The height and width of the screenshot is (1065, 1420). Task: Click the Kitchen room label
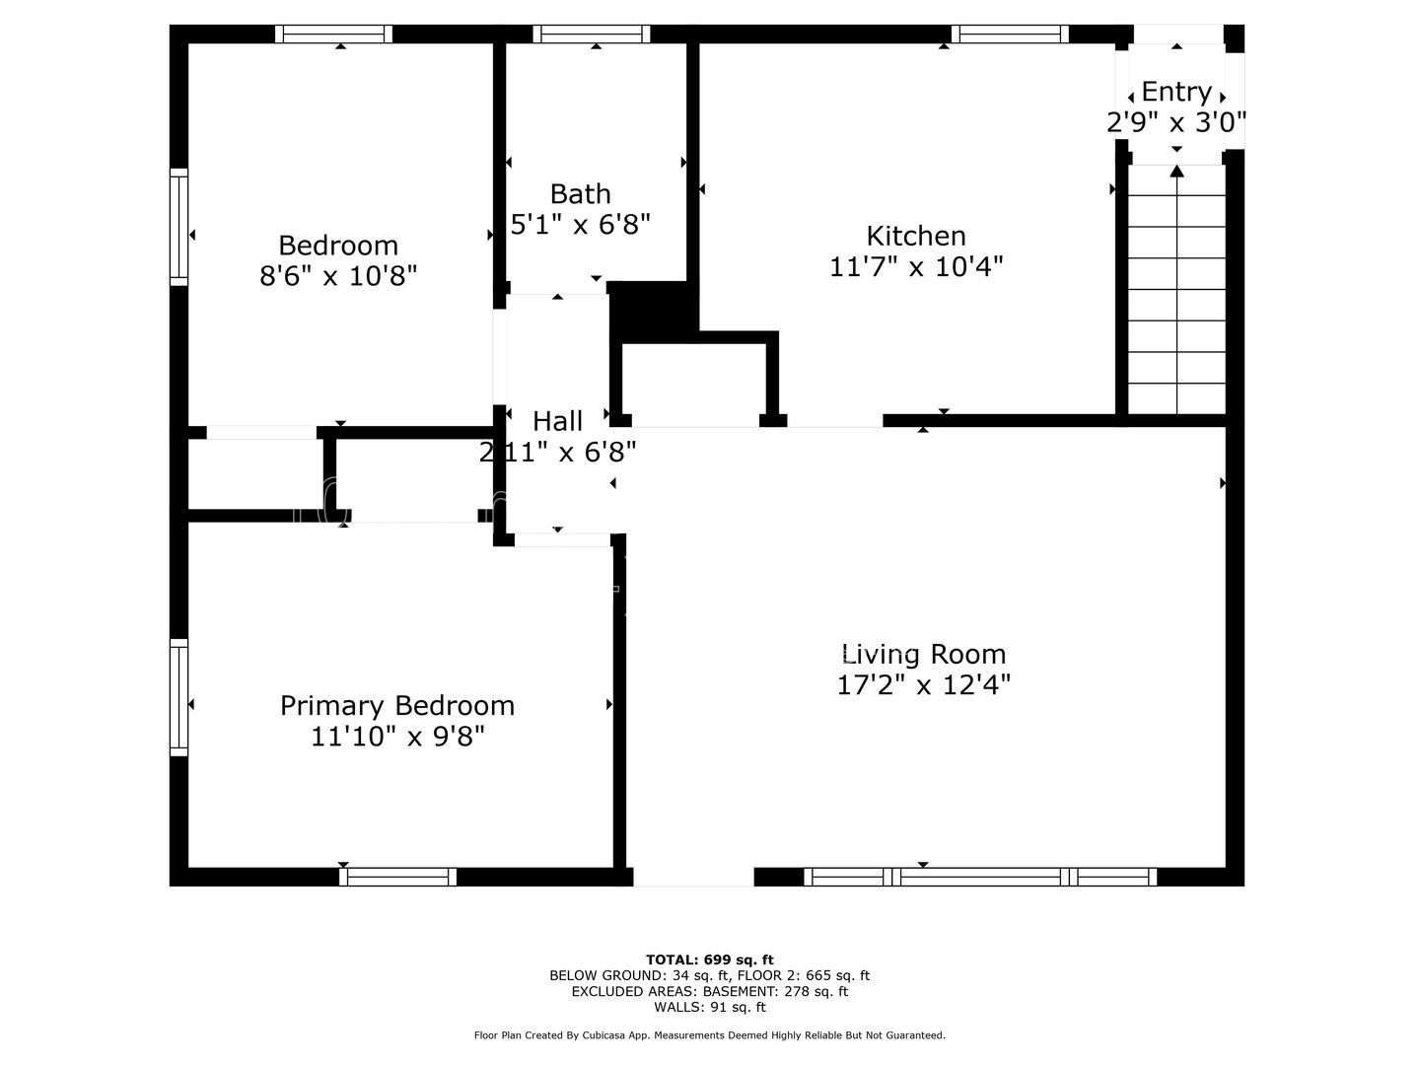click(x=915, y=236)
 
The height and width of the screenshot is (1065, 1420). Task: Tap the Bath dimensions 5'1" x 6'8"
click(x=580, y=225)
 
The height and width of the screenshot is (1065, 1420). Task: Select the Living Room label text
click(x=923, y=655)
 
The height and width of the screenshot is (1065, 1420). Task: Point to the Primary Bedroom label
click(x=397, y=705)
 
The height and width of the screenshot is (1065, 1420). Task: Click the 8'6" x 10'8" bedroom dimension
click(x=338, y=276)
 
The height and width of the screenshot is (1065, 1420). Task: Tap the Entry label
click(x=1176, y=92)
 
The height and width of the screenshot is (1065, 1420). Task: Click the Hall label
click(x=557, y=422)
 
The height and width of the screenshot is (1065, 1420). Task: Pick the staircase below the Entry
click(x=1176, y=289)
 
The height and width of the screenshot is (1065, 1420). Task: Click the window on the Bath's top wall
click(x=592, y=34)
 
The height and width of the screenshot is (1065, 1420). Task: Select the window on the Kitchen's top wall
click(x=1009, y=34)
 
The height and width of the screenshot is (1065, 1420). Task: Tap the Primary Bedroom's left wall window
click(x=179, y=697)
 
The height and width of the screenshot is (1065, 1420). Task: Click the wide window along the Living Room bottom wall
click(x=980, y=877)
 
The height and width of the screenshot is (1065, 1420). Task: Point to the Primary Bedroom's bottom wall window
click(x=397, y=877)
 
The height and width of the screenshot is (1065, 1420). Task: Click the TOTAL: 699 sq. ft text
click(x=710, y=959)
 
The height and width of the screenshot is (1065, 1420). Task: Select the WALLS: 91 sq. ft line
click(x=710, y=1007)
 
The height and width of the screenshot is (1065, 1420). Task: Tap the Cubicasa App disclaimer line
click(x=710, y=1035)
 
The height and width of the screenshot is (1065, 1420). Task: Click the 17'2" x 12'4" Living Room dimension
click(x=924, y=684)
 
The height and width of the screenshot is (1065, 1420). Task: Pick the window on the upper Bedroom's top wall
click(x=334, y=34)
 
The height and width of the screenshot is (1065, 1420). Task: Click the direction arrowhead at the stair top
click(x=1176, y=171)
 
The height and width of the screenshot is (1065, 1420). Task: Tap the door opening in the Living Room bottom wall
click(x=693, y=877)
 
